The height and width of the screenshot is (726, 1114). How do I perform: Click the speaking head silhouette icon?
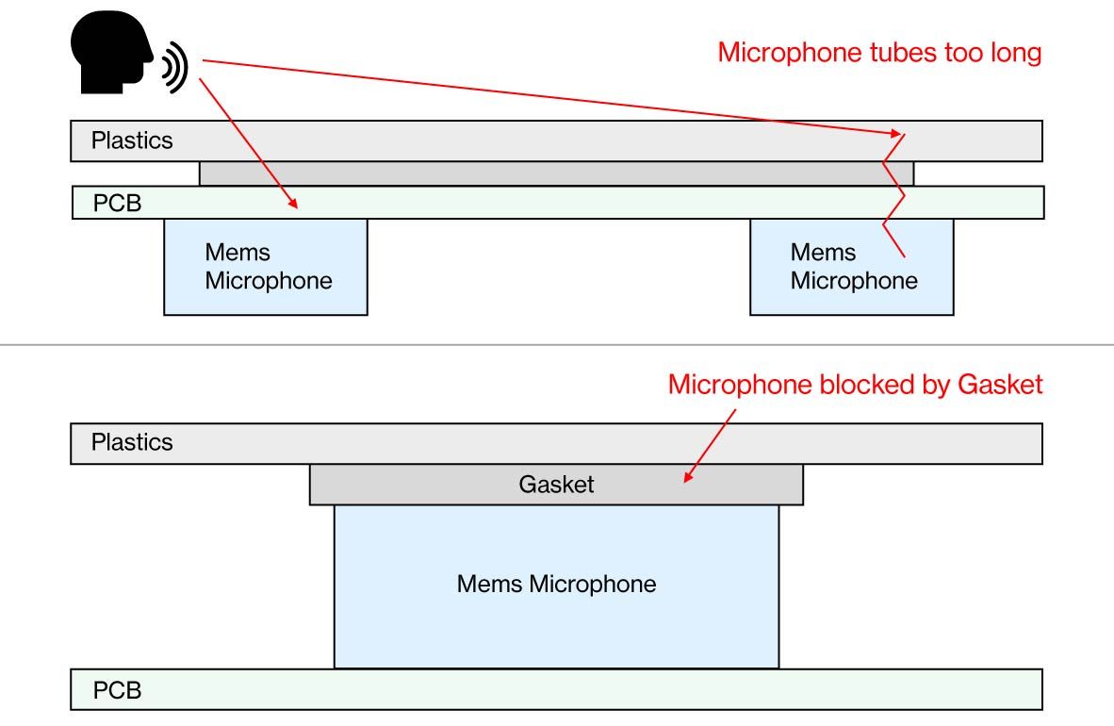(111, 52)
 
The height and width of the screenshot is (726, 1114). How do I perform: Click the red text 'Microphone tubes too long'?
(879, 53)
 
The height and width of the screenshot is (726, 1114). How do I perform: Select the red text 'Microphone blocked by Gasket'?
(856, 385)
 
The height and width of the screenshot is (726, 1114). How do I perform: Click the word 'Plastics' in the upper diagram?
(132, 140)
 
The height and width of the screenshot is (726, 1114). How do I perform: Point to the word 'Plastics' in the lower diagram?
(132, 442)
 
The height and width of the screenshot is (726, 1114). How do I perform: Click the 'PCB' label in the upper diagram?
(117, 204)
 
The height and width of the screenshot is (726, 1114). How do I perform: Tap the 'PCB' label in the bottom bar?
(117, 690)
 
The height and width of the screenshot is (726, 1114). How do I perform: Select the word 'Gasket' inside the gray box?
(556, 485)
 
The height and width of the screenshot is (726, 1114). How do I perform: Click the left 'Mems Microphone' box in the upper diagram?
(266, 267)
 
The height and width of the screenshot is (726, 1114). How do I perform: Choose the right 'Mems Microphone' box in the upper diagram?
(852, 267)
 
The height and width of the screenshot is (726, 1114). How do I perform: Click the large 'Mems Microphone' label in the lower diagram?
(556, 584)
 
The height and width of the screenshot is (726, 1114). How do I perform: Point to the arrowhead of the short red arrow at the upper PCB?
(293, 204)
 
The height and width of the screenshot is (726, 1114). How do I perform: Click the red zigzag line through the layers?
(893, 195)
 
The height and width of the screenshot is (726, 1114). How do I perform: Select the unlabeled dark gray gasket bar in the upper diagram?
(556, 173)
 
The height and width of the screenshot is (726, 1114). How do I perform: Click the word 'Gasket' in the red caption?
(1000, 385)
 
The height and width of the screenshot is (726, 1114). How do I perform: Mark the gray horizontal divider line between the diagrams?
(557, 345)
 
